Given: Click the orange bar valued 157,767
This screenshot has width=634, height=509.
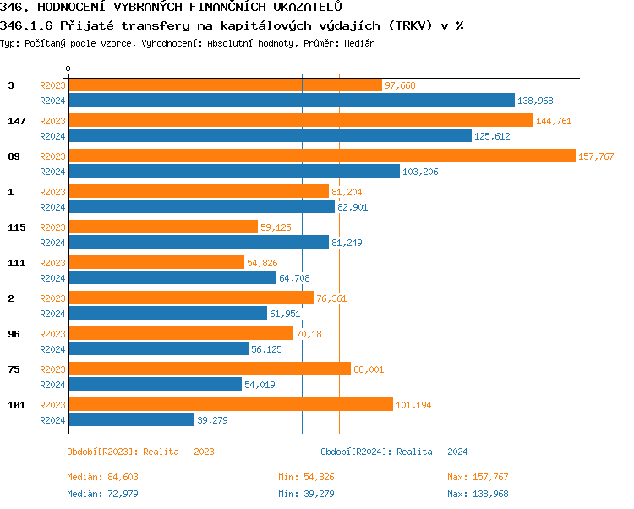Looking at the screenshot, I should tap(321, 156).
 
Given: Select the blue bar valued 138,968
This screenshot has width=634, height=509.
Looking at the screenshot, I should tap(291, 100).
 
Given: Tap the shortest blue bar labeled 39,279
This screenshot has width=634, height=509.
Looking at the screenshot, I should tap(131, 419).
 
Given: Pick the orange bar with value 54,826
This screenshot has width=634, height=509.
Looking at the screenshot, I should tap(156, 263).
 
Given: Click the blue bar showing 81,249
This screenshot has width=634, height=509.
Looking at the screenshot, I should tap(198, 242).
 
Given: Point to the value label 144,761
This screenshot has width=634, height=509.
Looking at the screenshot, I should tap(554, 121).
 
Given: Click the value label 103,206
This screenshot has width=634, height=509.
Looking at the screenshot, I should tap(420, 171).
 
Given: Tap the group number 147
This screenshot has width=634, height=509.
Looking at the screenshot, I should tap(16, 121).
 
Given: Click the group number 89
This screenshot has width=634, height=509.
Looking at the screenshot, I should tap(14, 156).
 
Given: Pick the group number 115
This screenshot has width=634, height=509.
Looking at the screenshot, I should tap(16, 227).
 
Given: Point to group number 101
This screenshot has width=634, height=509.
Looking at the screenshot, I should tap(16, 405).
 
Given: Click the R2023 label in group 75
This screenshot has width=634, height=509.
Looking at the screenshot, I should tap(52, 369).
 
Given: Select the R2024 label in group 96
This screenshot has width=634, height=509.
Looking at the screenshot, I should tap(52, 348).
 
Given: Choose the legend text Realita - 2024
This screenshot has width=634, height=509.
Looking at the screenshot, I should tap(432, 452).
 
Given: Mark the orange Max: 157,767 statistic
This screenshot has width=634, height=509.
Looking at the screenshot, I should tap(478, 477).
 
